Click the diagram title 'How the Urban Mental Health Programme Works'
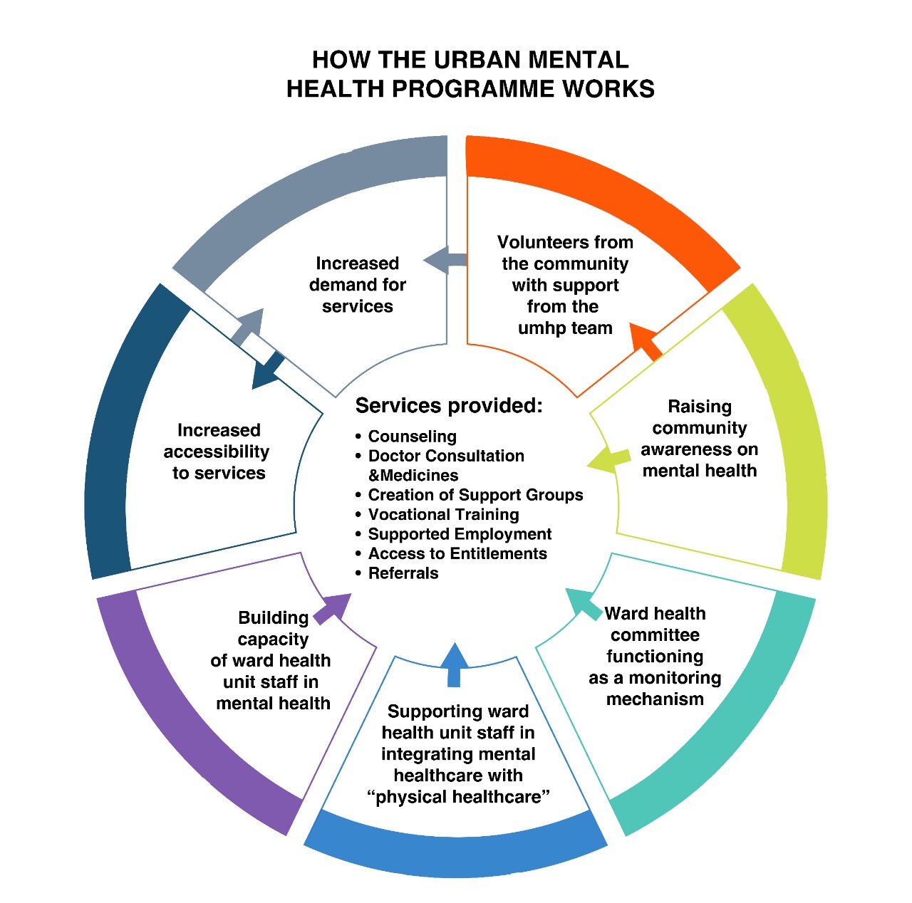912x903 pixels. tap(470, 74)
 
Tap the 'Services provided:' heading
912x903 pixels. tap(449, 406)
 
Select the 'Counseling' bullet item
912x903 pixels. tap(412, 437)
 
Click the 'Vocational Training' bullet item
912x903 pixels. tap(443, 515)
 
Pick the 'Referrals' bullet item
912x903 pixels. tap(403, 573)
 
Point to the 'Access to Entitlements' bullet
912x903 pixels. tap(457, 554)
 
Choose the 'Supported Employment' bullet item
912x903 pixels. tap(460, 534)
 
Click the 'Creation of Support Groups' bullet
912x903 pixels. tap(475, 495)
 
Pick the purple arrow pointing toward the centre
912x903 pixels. tap(333, 607)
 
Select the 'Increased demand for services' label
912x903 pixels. tap(357, 285)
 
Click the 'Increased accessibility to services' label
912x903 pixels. tap(218, 451)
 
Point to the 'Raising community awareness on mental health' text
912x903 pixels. tap(699, 439)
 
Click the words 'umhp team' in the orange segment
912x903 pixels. tap(565, 328)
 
